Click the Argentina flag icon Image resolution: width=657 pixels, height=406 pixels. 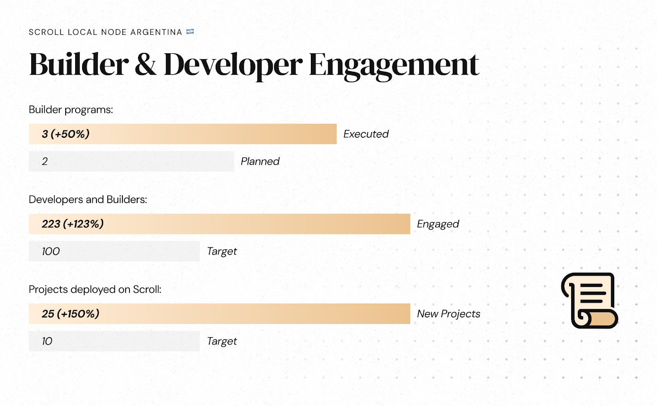tap(190, 32)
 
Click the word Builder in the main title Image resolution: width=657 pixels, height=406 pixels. tap(78, 64)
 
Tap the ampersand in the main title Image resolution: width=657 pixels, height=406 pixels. tap(145, 64)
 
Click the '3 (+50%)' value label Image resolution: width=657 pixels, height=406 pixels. tap(65, 134)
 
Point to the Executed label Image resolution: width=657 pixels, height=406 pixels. tap(366, 134)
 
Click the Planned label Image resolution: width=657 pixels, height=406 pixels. tap(260, 161)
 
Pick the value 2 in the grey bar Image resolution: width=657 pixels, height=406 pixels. tap(45, 162)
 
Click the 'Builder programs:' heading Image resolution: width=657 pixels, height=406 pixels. tap(71, 109)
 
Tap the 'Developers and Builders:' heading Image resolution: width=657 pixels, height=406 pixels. tap(88, 199)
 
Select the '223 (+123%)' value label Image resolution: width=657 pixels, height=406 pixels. tap(72, 224)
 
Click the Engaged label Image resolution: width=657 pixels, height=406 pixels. tap(438, 224)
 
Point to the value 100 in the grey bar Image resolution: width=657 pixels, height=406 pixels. tap(51, 251)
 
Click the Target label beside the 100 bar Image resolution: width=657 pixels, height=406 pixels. tap(222, 251)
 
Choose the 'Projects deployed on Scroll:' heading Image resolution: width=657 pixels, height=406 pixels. tap(95, 290)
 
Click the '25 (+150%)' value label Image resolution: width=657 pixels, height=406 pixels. tap(70, 314)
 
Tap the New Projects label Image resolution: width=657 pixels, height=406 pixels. tap(448, 314)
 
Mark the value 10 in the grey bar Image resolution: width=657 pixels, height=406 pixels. tap(47, 341)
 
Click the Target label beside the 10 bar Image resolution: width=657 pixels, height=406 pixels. tap(222, 341)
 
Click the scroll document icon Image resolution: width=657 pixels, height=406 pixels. tap(590, 301)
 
